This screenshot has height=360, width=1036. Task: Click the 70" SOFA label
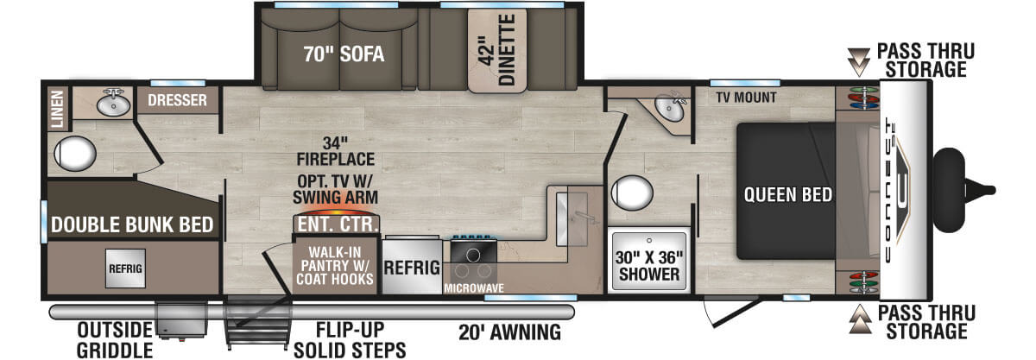click(x=344, y=54)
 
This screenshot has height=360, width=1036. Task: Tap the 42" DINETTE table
click(x=497, y=50)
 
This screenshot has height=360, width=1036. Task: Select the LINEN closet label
click(x=57, y=109)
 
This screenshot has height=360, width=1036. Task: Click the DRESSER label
click(x=177, y=100)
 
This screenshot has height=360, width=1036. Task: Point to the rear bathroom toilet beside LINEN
click(x=74, y=153)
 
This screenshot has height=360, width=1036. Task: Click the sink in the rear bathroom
click(x=113, y=104)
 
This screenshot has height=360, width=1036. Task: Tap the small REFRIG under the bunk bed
click(x=125, y=268)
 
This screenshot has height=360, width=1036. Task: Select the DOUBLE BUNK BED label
click(x=132, y=224)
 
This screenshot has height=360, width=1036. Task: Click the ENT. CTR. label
click(x=338, y=224)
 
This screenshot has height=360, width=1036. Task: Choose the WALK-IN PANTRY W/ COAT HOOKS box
click(x=335, y=265)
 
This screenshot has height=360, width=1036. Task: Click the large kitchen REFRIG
click(x=411, y=266)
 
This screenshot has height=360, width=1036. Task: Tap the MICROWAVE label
click(x=474, y=287)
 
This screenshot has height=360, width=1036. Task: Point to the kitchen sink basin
click(x=572, y=219)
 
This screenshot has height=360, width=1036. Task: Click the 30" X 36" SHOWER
click(x=649, y=262)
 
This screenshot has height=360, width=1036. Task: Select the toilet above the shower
click(x=632, y=192)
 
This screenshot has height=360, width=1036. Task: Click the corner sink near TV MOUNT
click(x=669, y=108)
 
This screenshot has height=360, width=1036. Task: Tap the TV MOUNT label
click(x=746, y=98)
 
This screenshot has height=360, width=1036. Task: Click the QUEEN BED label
click(x=787, y=195)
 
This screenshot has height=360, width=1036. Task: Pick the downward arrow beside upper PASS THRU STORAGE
click(x=859, y=62)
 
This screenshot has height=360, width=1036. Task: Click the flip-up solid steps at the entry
click(x=257, y=323)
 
